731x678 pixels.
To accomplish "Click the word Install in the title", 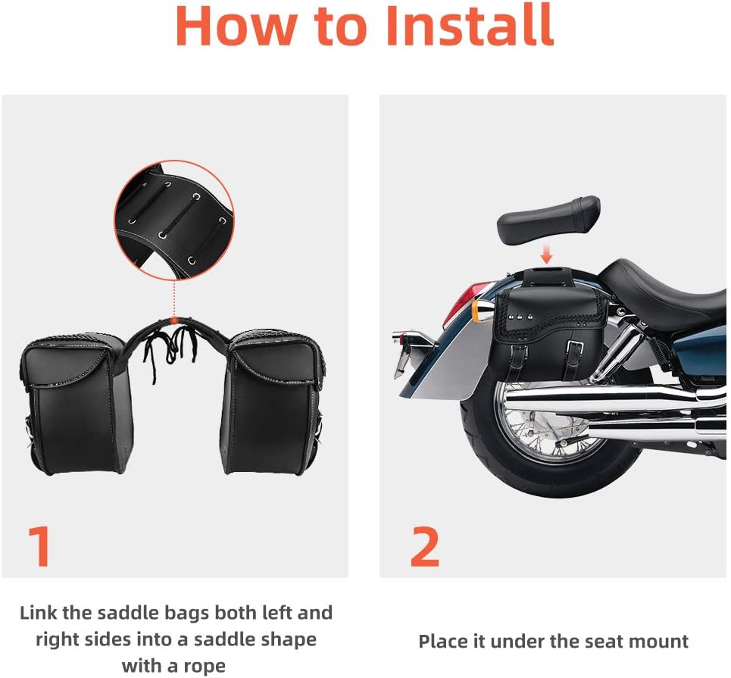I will point(470,27).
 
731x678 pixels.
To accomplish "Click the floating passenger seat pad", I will point(548,216).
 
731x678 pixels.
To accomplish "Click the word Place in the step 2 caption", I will point(445,642).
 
